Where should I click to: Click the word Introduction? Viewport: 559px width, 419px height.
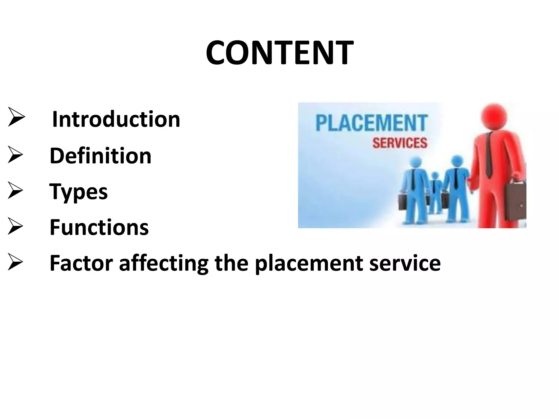(116, 119)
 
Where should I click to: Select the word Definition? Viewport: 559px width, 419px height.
(100, 156)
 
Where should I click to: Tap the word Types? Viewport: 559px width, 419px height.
(79, 192)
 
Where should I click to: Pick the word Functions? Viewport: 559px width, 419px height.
(99, 227)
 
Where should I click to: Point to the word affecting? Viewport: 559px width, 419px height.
(164, 264)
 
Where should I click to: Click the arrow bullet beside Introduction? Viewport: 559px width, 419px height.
(16, 117)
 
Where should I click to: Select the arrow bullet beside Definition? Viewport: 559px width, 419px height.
(15, 155)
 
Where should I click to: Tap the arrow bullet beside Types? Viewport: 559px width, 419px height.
(15, 190)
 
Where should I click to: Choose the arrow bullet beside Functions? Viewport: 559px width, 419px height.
(15, 226)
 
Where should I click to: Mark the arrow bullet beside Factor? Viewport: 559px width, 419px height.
(15, 262)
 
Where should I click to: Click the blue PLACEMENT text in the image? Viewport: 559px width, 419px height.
(371, 123)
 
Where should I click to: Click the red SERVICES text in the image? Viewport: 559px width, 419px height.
(400, 143)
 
